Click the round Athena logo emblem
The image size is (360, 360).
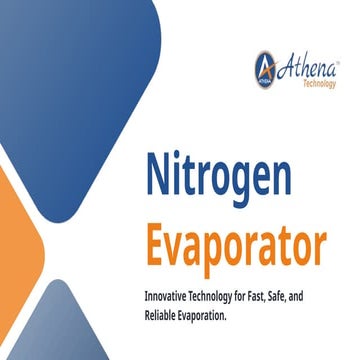pos(267,69)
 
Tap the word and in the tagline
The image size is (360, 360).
pos(328,297)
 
